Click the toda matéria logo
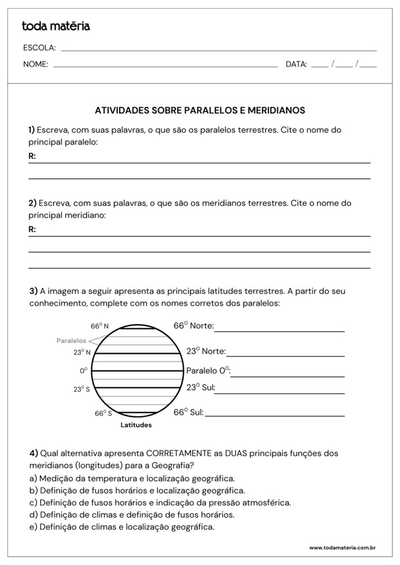pos(55,26)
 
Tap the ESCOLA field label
pos(39,48)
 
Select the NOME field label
pos(36,65)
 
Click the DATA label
pos(296,65)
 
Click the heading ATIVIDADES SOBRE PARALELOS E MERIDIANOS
pos(200,110)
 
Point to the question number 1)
pos(32,130)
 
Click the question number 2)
pos(32,203)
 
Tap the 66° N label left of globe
pos(99,327)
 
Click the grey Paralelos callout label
pos(71,341)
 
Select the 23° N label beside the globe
pos(82,352)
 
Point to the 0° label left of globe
pos(84,370)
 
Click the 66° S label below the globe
pos(103,413)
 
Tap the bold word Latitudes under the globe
pos(136,425)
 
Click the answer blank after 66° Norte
pos(279,327)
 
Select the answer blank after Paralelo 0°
pos(287,372)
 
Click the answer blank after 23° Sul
pos(280,389)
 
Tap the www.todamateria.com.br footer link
pos(342,547)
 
